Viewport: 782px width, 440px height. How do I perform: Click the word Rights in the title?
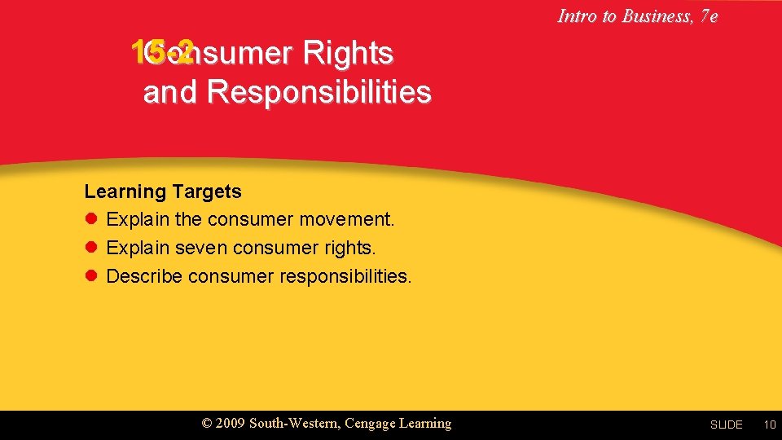tap(348, 53)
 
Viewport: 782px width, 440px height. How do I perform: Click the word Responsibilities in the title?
tap(319, 92)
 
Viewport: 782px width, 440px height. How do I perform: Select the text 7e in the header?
tap(708, 15)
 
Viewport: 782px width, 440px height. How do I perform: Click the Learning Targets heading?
tap(163, 191)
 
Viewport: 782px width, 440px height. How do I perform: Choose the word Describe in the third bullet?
tap(144, 276)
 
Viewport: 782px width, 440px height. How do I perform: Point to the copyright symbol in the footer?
tap(207, 424)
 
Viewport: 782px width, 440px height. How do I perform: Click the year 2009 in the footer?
tap(231, 424)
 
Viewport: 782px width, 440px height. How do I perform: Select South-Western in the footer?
tap(293, 424)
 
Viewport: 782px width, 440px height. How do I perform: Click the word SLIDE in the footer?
tap(726, 425)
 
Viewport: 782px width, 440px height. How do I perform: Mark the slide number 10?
tap(769, 425)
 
